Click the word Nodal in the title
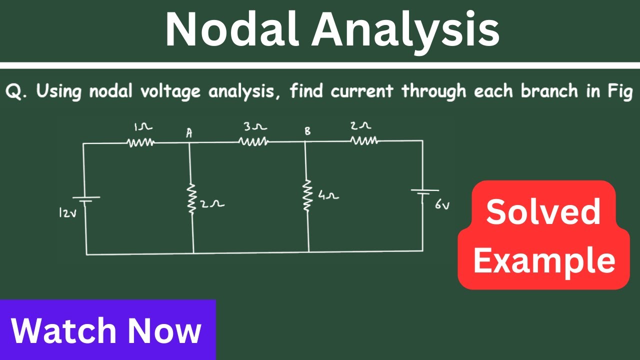click(232, 29)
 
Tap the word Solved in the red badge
click(543, 212)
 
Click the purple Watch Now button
click(107, 329)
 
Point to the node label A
click(189, 133)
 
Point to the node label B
click(307, 131)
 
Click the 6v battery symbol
click(425, 192)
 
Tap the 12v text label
click(67, 213)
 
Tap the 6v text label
click(442, 205)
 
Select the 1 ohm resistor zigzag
click(140, 142)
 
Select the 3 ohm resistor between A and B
click(253, 141)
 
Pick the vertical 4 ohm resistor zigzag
click(307, 195)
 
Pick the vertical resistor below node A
click(191, 198)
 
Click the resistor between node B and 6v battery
click(363, 140)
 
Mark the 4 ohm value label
click(329, 195)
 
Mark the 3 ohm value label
click(255, 127)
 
